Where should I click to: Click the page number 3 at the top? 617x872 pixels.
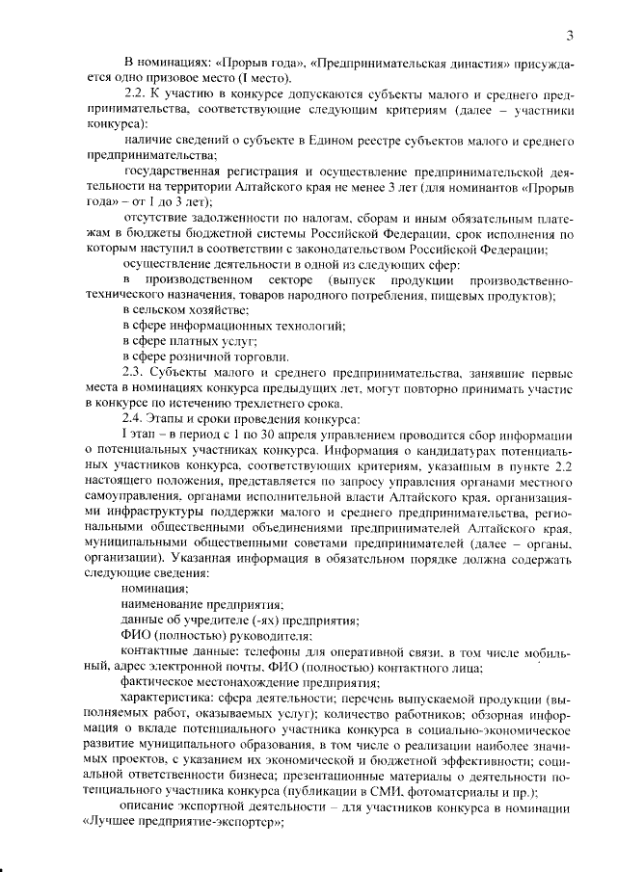coord(570,37)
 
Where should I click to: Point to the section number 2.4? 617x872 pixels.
coord(136,418)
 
